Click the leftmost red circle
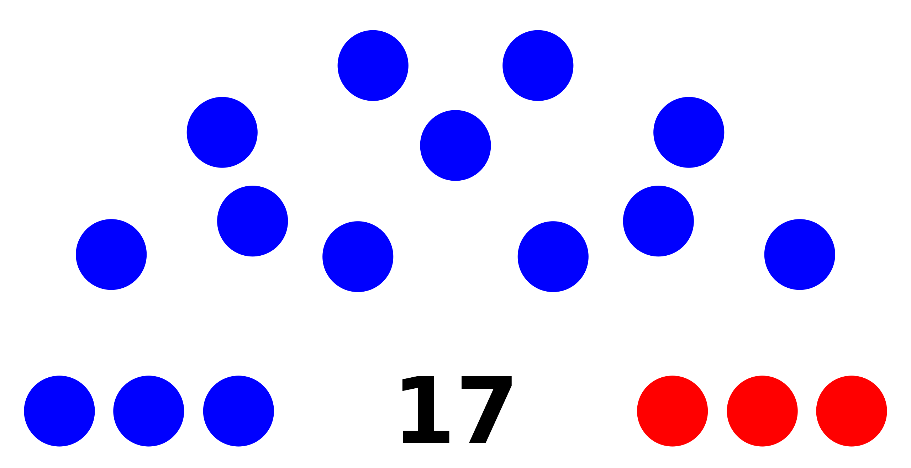pos(672,411)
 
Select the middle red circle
pos(762,411)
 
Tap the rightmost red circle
pos(852,411)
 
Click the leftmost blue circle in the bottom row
pos(59,411)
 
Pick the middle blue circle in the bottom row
pos(149,411)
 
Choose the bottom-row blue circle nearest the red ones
pos(238,411)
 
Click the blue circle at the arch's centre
pos(455,145)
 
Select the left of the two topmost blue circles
pos(373,65)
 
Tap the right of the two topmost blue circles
pos(538,65)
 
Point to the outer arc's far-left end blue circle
pos(111,255)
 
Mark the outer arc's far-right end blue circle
pos(800,255)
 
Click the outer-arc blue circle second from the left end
pos(222,132)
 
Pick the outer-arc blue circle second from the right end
pos(689,132)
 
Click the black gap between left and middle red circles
pos(717,411)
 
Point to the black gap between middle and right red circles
pos(807,411)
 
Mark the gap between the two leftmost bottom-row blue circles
pos(104,411)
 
